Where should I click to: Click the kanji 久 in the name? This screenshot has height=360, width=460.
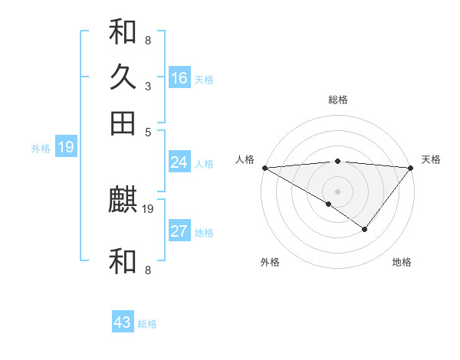[x=123, y=78]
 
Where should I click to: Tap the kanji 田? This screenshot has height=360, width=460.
[x=123, y=123]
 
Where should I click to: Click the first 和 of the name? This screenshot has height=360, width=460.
[x=123, y=33]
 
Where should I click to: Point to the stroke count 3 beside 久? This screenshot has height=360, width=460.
[x=147, y=86]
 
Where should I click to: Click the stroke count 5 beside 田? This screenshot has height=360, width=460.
[x=147, y=131]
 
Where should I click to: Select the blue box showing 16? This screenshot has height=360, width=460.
[x=179, y=78]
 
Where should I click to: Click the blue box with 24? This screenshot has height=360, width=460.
[x=179, y=162]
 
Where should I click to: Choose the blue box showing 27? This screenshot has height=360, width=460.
[x=179, y=232]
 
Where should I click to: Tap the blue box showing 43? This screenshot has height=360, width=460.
[x=123, y=322]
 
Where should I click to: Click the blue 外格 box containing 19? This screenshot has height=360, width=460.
[x=65, y=147]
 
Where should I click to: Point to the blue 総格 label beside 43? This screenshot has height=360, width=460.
[x=147, y=324]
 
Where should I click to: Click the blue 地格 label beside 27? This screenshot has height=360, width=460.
[x=204, y=233]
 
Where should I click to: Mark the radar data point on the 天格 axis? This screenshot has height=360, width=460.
[x=411, y=167]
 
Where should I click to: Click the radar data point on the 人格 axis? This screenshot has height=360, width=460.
[x=264, y=167]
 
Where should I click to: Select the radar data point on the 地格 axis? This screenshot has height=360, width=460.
[x=365, y=229]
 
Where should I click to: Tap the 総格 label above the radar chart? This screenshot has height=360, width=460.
[x=337, y=100]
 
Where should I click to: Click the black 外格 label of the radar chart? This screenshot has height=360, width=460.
[x=270, y=262]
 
